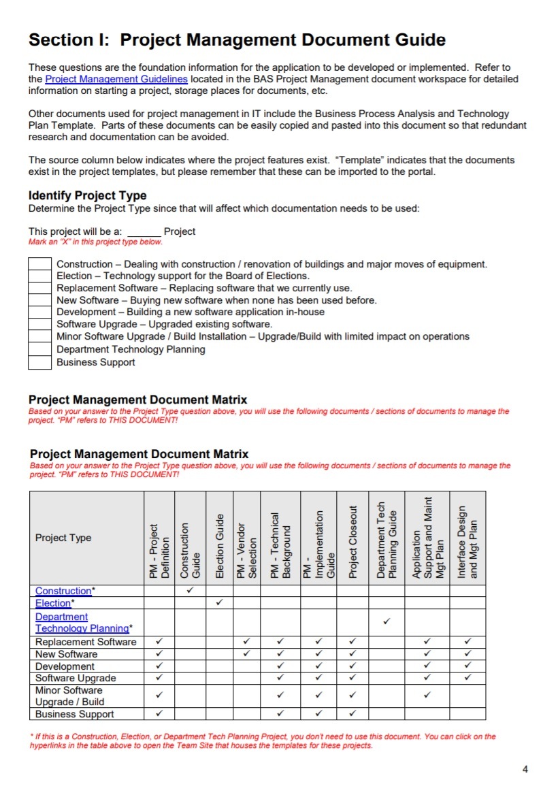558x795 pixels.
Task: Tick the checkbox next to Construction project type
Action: coord(40,264)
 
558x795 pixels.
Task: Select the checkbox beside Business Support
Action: coord(40,362)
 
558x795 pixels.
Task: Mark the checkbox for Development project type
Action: coord(40,312)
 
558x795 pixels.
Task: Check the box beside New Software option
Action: coord(40,300)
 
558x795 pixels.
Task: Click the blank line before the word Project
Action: coord(144,232)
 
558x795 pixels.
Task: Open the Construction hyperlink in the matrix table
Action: coord(63,591)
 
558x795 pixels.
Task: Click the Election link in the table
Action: coord(53,603)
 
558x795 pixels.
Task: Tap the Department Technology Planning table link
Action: coord(82,623)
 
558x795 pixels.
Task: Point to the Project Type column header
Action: coord(63,538)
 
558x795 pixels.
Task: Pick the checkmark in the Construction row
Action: coord(191,590)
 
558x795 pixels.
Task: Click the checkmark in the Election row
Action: coord(219,602)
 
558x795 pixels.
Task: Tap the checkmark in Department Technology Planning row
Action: coord(387,621)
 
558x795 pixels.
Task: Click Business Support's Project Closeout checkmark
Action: coord(352,714)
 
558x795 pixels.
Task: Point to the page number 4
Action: coord(525,770)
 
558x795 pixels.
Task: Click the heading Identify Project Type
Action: coord(87,196)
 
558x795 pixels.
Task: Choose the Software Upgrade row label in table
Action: coord(76,678)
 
